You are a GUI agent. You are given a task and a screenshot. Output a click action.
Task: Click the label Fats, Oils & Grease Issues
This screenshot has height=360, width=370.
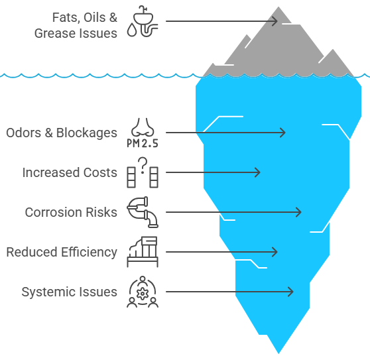click(76, 25)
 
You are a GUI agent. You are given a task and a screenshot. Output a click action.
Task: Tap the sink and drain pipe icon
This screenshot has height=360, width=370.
click(143, 21)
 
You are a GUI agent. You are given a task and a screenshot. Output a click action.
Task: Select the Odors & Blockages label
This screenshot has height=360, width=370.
click(62, 133)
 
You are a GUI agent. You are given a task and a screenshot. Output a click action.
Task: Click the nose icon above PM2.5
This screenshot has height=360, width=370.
click(143, 127)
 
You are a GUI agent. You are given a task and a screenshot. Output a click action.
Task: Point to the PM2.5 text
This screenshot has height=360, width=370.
click(143, 143)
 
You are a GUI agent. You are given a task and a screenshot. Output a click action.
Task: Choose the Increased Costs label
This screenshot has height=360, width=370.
click(70, 172)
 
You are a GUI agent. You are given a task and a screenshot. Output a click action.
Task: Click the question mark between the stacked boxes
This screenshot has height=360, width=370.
click(143, 165)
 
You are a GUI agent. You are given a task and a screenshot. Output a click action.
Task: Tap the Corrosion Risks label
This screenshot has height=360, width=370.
click(71, 212)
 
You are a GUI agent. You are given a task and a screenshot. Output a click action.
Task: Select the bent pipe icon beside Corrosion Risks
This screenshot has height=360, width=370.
click(143, 212)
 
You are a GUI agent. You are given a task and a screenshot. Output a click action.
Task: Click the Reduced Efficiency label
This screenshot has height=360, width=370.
click(62, 252)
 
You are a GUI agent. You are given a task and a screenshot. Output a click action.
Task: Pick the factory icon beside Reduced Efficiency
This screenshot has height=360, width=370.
click(143, 252)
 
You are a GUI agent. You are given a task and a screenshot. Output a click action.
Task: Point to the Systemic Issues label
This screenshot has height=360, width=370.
click(70, 292)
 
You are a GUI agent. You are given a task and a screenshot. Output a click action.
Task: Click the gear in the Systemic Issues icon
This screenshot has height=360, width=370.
click(143, 294)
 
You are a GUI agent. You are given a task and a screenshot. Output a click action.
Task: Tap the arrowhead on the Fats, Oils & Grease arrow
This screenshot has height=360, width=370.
click(275, 21)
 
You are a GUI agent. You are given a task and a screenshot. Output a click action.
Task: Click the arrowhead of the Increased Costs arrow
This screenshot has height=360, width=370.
click(258, 172)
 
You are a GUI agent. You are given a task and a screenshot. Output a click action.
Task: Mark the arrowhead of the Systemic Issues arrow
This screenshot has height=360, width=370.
click(290, 292)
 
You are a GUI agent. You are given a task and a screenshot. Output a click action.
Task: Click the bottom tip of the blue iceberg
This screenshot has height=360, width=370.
click(278, 353)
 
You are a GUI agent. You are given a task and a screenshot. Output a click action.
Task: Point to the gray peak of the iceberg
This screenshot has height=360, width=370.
click(278, 7)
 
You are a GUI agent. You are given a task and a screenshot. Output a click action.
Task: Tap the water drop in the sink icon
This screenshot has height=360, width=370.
click(132, 30)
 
